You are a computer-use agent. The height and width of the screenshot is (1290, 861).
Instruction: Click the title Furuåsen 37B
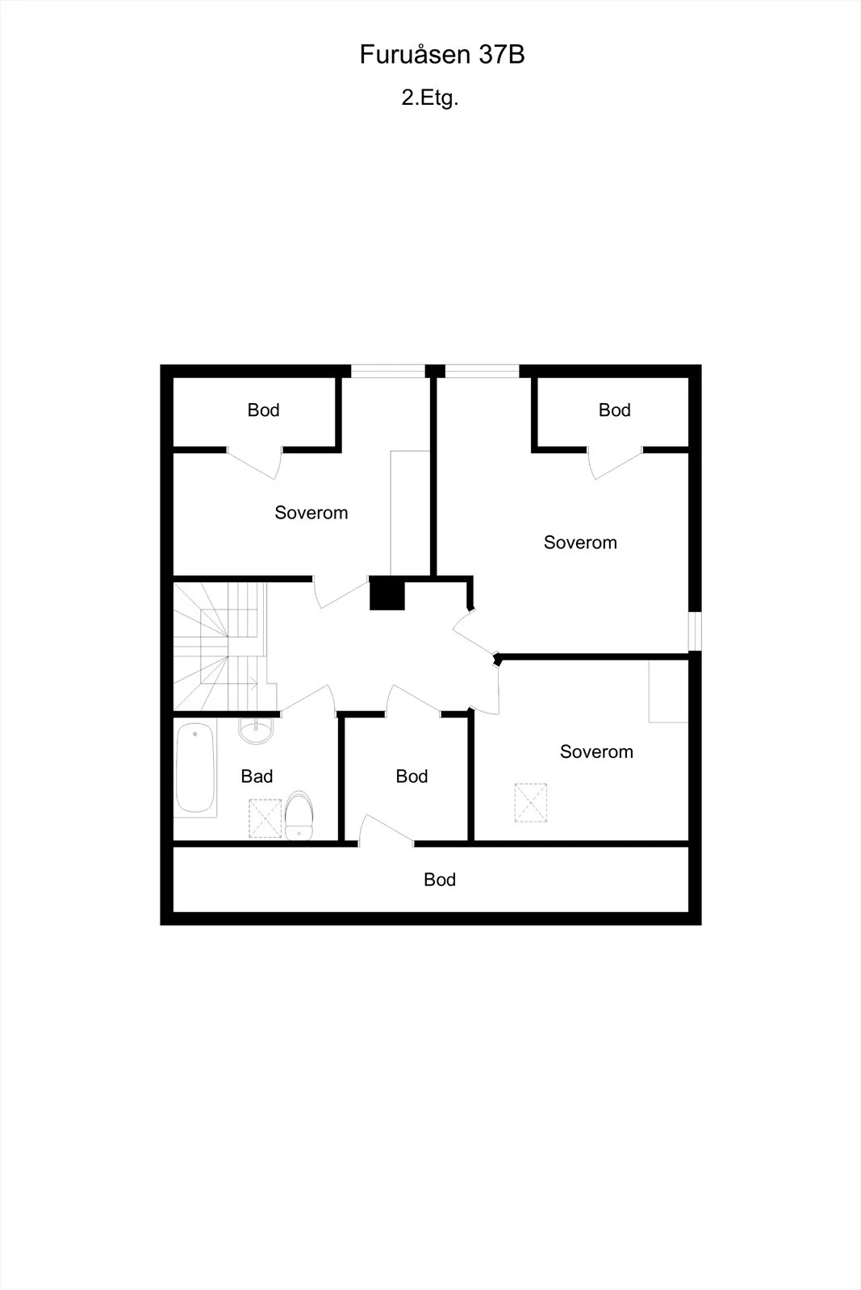point(442,55)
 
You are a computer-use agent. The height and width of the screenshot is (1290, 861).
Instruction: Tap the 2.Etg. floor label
point(430,98)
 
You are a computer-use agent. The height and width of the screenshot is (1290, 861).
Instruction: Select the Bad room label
point(257,776)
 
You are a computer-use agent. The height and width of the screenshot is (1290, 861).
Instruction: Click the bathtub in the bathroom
point(195,768)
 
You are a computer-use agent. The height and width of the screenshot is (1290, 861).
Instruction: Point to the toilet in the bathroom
point(299,815)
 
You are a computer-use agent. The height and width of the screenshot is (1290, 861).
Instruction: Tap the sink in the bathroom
point(256,730)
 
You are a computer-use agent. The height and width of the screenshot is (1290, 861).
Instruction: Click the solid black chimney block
point(387,593)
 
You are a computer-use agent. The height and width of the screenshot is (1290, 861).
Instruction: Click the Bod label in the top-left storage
point(263,410)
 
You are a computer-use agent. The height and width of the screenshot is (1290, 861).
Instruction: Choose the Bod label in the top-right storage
point(614,410)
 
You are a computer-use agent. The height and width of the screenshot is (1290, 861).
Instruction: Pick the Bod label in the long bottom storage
point(440,880)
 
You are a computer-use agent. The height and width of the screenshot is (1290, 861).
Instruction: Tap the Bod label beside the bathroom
point(412,776)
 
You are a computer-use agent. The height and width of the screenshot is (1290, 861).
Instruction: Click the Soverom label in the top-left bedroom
point(311,513)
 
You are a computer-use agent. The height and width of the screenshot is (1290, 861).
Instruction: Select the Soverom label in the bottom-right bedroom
point(596,751)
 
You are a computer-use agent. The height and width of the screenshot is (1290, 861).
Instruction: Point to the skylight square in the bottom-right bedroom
point(531,803)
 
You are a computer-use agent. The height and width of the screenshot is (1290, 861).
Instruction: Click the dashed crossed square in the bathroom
point(265,818)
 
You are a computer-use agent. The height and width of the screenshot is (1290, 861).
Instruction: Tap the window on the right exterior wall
point(695,630)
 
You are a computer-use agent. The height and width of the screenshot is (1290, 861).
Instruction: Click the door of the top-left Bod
point(253,464)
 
